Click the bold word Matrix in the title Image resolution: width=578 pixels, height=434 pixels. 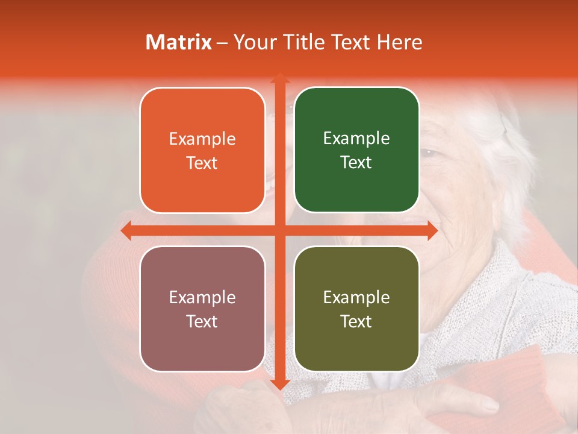click(179, 42)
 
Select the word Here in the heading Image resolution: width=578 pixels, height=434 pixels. click(399, 42)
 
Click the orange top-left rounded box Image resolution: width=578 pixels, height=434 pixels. click(202, 151)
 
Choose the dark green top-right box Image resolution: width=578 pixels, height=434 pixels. click(356, 151)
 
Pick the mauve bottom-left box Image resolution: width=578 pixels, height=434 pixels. click(202, 309)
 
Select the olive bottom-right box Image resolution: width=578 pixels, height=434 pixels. click(356, 309)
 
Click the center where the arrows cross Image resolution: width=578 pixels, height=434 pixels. click(279, 230)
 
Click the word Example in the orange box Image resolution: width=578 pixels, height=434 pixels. click(202, 139)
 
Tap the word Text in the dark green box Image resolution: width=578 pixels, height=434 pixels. click(356, 163)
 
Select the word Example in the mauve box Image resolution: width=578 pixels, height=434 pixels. click(202, 298)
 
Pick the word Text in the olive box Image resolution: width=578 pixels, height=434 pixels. click(356, 321)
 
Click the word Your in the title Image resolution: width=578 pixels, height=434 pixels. click(252, 42)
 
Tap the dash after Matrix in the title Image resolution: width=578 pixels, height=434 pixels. click(222, 43)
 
